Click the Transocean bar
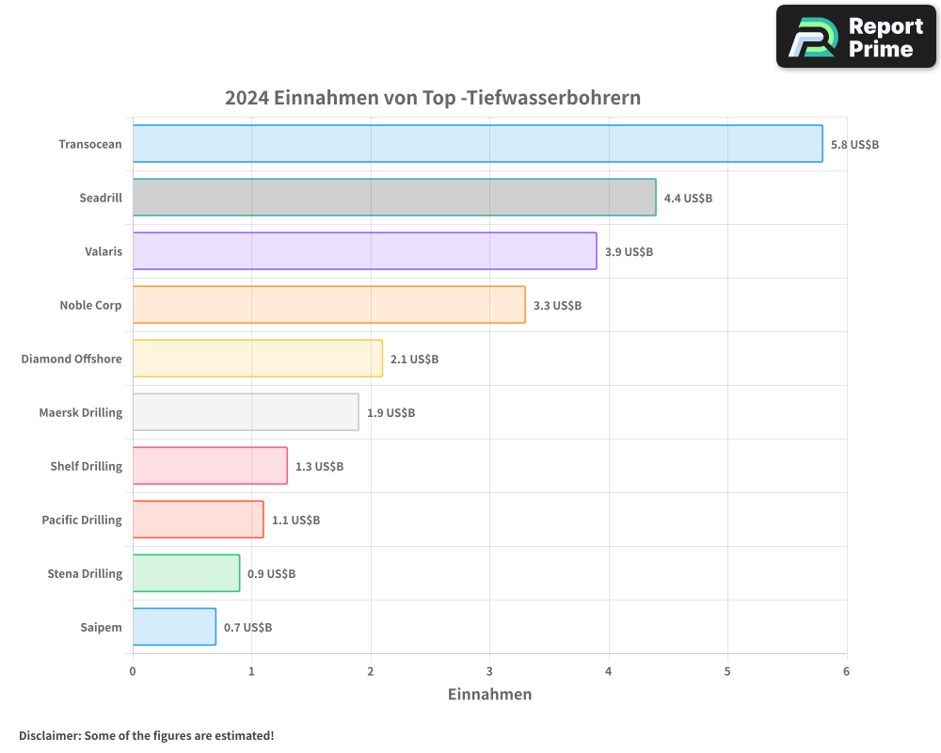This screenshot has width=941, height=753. tap(477, 144)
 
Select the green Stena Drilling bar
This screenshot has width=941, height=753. tap(186, 573)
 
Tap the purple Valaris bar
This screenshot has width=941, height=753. tap(364, 251)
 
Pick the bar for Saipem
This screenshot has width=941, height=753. tap(174, 627)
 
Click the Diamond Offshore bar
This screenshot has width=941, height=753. tap(257, 359)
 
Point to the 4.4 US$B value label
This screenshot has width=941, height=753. tap(688, 199)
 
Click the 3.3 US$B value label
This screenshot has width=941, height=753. tap(557, 306)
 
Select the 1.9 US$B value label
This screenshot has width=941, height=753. tap(391, 413)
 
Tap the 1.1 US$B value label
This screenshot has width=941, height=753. tap(295, 521)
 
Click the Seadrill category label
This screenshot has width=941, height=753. tap(101, 198)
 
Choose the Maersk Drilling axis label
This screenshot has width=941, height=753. tap(81, 412)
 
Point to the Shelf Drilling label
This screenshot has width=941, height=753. tap(86, 466)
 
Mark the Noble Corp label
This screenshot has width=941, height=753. tap(90, 305)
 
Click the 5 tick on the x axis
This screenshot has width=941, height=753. tap(727, 671)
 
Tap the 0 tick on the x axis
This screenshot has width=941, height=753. tap(133, 671)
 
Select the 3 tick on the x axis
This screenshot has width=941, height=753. tap(489, 671)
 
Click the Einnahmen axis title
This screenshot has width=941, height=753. tap(489, 695)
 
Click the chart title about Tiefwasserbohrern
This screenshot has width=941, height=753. tap(433, 98)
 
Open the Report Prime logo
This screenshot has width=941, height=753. tap(855, 37)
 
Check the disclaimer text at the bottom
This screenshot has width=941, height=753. tap(147, 735)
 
